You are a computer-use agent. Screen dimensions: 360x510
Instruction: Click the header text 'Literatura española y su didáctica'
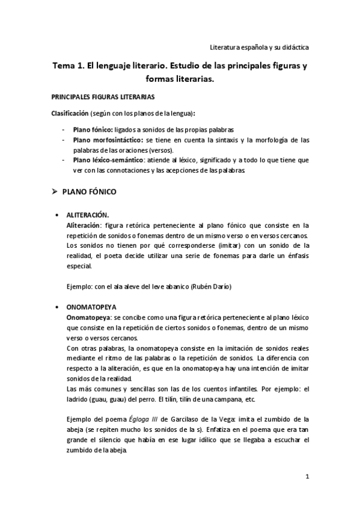pos(259,46)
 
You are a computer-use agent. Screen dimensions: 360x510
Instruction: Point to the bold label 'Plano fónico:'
pos(93,129)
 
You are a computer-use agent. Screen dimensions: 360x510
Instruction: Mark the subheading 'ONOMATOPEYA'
pos(91,306)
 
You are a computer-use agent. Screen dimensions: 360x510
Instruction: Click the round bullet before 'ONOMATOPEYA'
pos(56,306)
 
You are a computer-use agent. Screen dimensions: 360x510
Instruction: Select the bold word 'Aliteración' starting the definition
pos(82,225)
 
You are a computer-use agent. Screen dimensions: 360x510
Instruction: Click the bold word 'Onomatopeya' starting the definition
pos(87,316)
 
